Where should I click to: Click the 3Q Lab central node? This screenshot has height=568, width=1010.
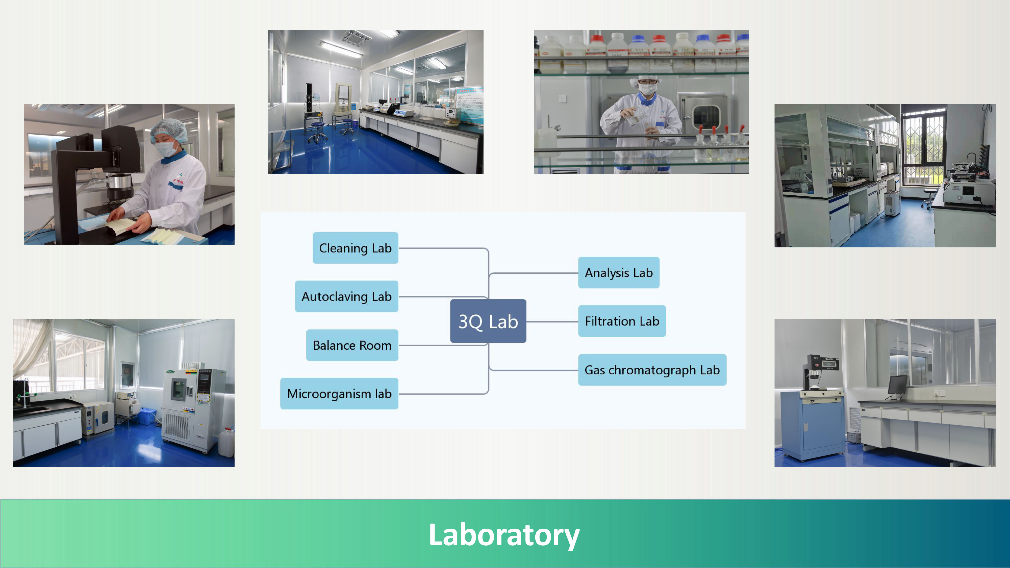[x=488, y=321]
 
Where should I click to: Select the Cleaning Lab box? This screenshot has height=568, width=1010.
[x=355, y=248]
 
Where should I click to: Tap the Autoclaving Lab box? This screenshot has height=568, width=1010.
[x=347, y=296]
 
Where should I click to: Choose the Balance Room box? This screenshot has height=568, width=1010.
[x=352, y=345]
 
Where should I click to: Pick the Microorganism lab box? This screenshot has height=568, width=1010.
[x=339, y=394]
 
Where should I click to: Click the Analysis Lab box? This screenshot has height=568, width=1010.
[x=619, y=272]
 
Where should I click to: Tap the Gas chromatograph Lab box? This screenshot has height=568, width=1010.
[x=652, y=370]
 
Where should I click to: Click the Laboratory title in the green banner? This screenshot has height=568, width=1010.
[x=504, y=535]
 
